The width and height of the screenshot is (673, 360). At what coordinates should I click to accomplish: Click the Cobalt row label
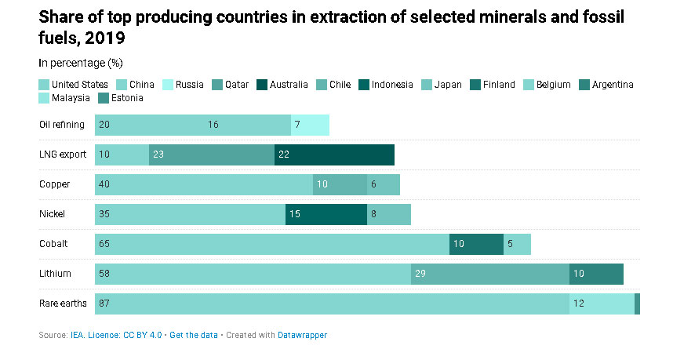pos(53,244)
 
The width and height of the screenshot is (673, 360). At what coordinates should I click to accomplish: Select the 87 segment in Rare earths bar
pos(332,304)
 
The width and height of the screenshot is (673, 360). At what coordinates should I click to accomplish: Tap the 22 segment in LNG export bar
pos(334,155)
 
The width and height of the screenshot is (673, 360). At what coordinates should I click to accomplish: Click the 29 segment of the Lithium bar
pos(489,274)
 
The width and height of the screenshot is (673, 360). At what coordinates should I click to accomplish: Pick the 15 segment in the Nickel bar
pos(326,214)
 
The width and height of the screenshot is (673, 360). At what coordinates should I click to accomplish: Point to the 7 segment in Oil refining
pos(310,125)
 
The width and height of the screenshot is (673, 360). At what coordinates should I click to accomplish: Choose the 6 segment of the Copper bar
pos(384,184)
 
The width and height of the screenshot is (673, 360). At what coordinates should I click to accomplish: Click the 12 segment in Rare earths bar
pos(602,304)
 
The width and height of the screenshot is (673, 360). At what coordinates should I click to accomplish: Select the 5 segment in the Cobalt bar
pos(517,244)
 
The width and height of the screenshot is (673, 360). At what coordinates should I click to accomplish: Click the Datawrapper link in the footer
pos(302,335)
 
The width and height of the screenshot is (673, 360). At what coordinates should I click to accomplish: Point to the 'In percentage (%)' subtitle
pos(80,62)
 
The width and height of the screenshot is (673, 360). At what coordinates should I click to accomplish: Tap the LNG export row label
pos(63,155)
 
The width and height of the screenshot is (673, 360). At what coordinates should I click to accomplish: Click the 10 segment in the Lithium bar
pos(596,274)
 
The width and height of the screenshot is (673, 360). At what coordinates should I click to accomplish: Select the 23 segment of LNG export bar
pos(212,155)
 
